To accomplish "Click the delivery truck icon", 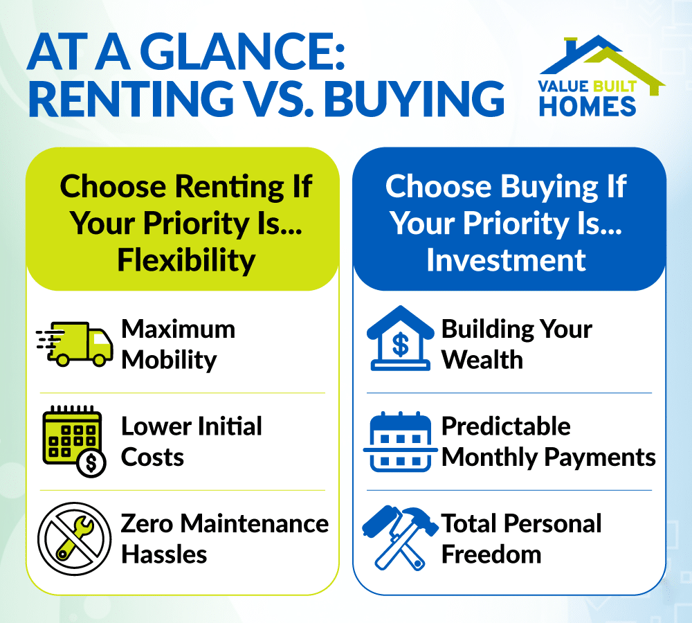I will (75, 343).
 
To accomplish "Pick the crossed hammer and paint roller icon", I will (399, 537).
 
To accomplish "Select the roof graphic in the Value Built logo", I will (601, 59).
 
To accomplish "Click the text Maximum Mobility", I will (178, 344).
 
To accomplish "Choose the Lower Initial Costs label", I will (191, 442).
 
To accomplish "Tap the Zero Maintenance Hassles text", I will (224, 539).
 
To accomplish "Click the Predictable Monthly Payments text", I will (548, 442).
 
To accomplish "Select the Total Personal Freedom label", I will (521, 539).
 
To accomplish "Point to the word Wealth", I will (482, 360).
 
